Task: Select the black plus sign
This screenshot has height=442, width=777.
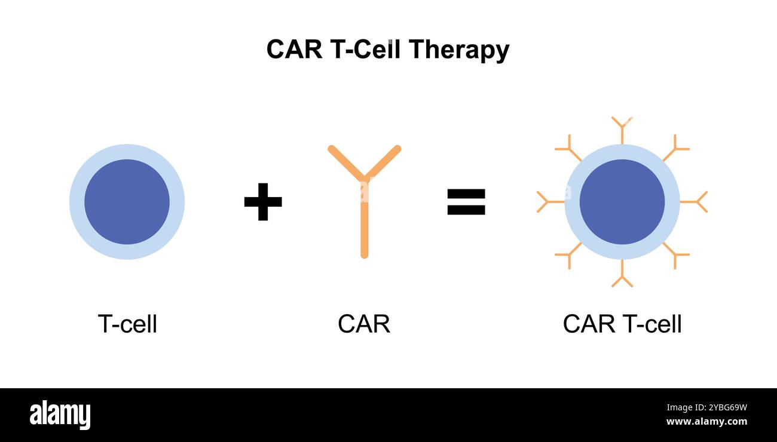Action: pos(263,202)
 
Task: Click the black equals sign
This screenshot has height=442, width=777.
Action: pos(466,202)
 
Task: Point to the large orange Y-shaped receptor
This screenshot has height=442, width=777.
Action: pos(364,197)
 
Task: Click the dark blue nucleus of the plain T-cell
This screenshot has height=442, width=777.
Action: pos(127,202)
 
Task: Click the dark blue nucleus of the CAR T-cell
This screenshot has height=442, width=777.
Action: pos(622,202)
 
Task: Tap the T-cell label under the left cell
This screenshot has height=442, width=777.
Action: pos(127,324)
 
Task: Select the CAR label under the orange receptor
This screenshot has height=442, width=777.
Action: pos(363,324)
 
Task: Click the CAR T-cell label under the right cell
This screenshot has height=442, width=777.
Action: pos(622,324)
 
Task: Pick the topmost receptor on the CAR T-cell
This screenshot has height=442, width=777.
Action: pos(622,128)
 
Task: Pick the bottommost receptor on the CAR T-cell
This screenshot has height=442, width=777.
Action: pos(622,275)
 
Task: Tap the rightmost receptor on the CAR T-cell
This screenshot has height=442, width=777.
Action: pos(696,202)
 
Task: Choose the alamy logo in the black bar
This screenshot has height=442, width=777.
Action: pos(60,415)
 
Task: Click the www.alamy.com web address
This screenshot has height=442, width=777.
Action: pos(706,422)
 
